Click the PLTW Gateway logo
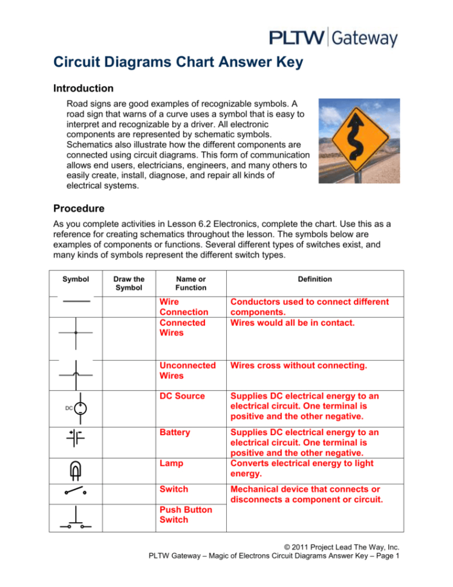tap(333, 37)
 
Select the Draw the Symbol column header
tap(129, 283)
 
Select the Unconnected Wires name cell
tap(187, 370)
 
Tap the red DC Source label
tap(183, 395)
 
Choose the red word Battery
tap(174, 433)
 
